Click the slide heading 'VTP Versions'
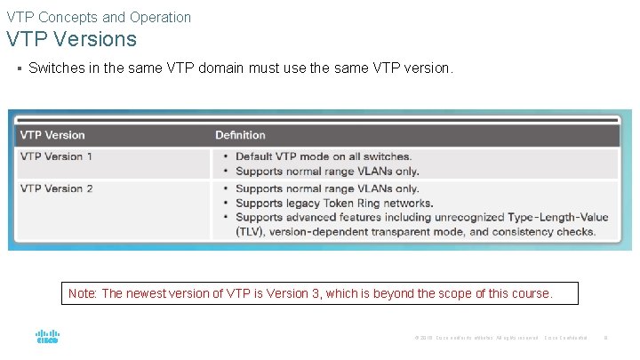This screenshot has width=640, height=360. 71,39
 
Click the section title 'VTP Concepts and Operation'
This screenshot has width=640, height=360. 99,16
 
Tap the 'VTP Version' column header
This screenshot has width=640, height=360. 52,135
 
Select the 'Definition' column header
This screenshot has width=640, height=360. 240,135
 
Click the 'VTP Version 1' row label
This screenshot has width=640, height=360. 56,156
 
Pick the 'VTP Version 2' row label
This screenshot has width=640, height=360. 56,188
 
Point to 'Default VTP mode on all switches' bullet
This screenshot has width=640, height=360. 323,156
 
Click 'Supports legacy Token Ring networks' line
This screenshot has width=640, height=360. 334,203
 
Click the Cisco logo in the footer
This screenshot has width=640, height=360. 47,338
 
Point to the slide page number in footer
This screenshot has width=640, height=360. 605,338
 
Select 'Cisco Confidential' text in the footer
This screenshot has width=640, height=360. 566,338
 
